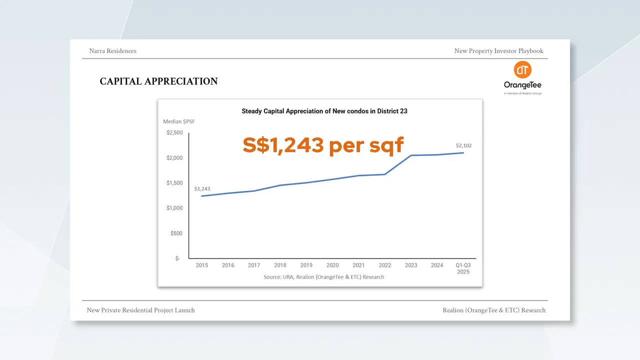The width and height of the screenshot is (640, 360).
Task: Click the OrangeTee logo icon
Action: click(522, 70)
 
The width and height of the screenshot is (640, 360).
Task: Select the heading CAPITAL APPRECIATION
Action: click(158, 81)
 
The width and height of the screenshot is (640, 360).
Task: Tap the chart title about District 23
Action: click(324, 111)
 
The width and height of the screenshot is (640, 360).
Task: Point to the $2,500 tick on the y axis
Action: click(174, 132)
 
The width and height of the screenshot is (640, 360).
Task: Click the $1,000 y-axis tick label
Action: click(174, 208)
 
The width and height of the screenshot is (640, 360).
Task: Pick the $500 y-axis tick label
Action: click(176, 233)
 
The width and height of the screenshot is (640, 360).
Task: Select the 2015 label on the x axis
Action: click(202, 265)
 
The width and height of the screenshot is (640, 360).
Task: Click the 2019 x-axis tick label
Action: click(306, 265)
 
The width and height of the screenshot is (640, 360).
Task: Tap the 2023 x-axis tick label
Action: click(411, 265)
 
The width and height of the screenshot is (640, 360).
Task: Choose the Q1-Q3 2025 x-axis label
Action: click(463, 268)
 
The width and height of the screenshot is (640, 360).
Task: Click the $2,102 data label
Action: click(463, 145)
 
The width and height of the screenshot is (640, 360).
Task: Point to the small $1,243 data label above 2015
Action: click(202, 189)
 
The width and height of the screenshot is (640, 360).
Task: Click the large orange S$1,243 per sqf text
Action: click(323, 145)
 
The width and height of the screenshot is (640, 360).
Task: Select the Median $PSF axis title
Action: click(179, 121)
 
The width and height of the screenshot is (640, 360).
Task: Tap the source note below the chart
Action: click(324, 276)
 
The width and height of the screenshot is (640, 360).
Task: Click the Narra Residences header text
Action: click(112, 51)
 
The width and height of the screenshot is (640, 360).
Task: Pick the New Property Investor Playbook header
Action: click(498, 51)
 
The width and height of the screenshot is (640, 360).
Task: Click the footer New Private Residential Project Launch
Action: click(140, 310)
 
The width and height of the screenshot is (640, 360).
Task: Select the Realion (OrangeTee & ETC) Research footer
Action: click(494, 310)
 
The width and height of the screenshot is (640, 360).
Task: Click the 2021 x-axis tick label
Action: click(358, 265)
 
